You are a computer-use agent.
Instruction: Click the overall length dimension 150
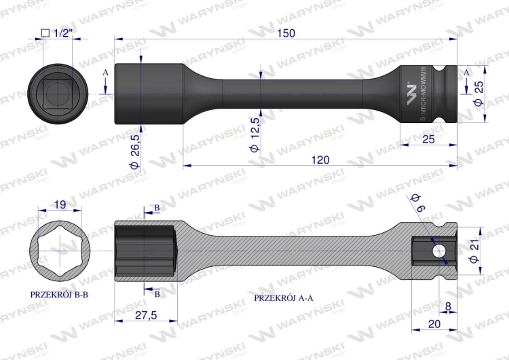pyautogui.click(x=286, y=35)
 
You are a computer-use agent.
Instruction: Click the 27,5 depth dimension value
pyautogui.click(x=145, y=315)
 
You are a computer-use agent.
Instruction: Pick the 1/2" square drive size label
pyautogui.click(x=56, y=33)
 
